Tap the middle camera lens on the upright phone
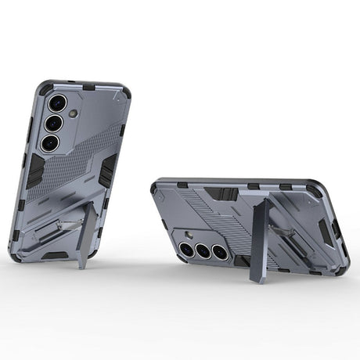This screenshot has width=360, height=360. point(53,123)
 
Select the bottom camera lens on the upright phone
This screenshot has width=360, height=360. point(49,142)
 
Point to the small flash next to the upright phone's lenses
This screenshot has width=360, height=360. point(73,113)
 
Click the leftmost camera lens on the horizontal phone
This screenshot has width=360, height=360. point(187,249)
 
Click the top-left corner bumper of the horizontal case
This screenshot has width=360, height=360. point(157,185)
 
